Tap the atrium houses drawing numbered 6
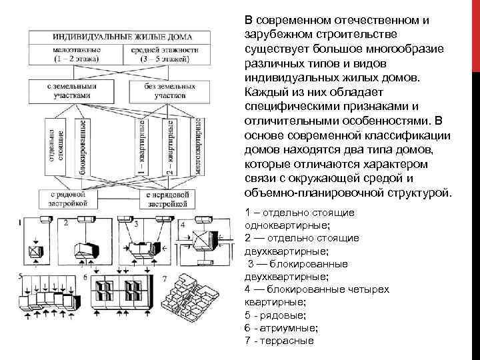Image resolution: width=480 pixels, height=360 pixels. tap(120, 293)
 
